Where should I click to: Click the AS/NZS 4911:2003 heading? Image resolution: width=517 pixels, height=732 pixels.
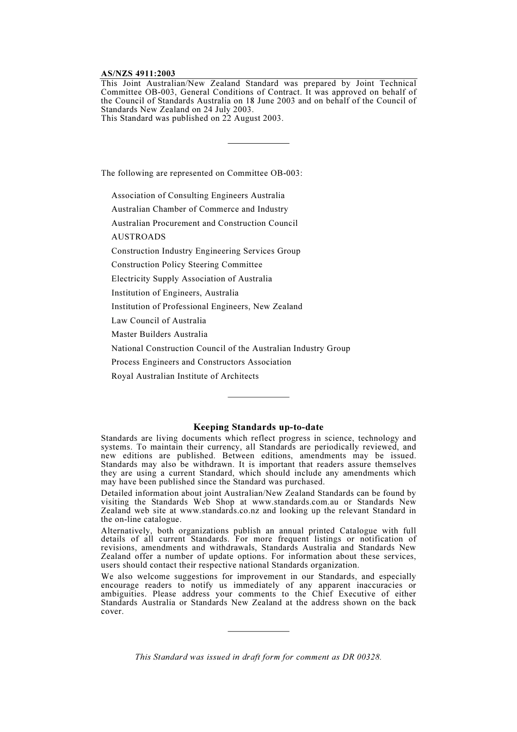click(138, 73)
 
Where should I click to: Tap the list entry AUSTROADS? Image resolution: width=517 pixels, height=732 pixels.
click(138, 237)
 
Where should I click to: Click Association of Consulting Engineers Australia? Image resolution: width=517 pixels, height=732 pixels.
click(198, 195)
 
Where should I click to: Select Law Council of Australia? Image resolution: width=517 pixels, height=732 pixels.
click(158, 321)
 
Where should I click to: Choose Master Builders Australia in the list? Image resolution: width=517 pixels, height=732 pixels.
click(159, 334)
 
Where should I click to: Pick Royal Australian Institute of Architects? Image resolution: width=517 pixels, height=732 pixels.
click(184, 376)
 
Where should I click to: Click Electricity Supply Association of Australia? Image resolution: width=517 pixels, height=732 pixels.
click(191, 279)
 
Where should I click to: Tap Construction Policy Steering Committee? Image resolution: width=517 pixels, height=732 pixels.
click(187, 264)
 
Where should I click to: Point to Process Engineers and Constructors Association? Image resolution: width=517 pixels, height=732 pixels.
click(201, 362)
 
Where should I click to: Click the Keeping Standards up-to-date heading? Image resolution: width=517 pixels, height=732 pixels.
click(258, 427)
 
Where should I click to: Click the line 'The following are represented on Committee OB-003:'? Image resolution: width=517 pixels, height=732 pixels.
click(201, 173)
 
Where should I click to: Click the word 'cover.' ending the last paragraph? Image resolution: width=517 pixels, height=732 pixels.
click(112, 611)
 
